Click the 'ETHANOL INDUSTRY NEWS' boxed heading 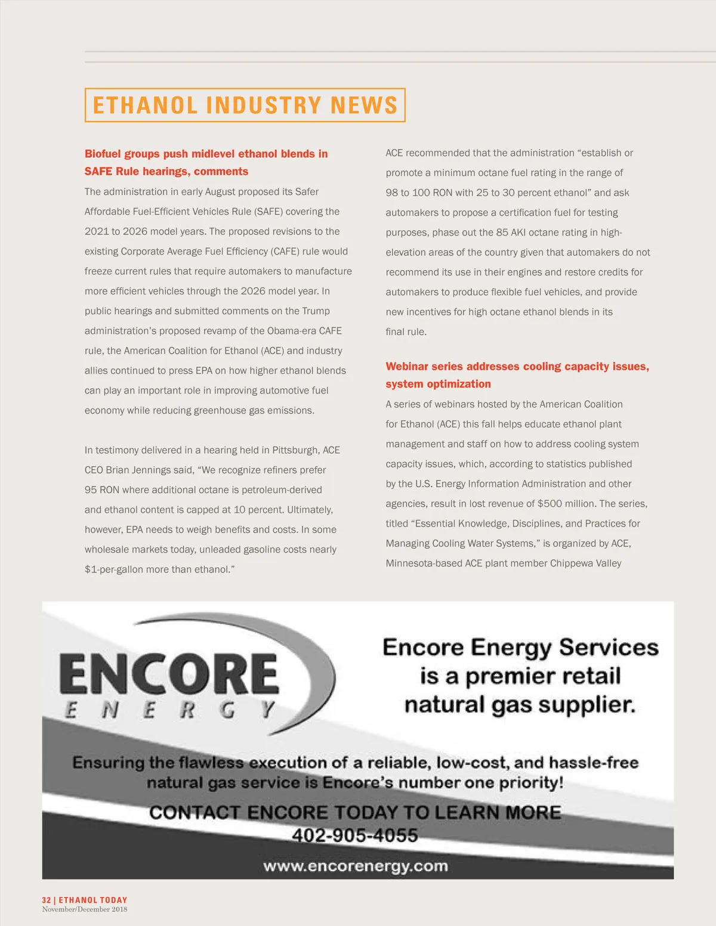(x=245, y=105)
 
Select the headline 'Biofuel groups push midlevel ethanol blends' (x=206, y=154)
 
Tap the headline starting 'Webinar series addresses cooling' (x=517, y=367)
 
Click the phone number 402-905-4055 (x=354, y=835)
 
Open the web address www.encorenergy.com (x=356, y=866)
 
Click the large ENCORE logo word (x=169, y=674)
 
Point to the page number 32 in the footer (x=47, y=900)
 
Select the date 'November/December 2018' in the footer (x=84, y=909)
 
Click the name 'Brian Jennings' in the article (x=150, y=470)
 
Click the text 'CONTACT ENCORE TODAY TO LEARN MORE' (x=355, y=812)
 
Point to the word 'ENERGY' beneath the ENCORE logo (x=169, y=710)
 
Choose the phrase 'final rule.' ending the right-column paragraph (x=406, y=332)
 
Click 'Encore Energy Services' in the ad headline (x=520, y=648)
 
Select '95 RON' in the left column (x=102, y=490)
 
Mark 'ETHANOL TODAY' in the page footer (x=92, y=900)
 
